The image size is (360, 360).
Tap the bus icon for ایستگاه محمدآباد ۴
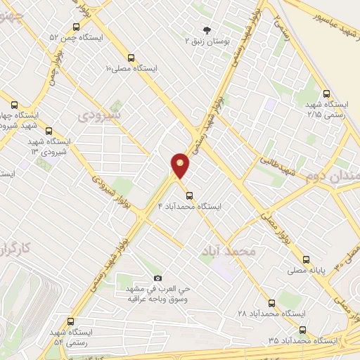[x=188, y=195]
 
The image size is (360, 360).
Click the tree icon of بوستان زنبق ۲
[x=207, y=30]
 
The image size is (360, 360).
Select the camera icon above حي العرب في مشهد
[x=157, y=278]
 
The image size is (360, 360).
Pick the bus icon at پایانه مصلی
[x=307, y=259]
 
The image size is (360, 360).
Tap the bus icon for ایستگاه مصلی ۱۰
[x=131, y=58]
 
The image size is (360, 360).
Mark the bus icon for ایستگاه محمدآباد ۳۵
[x=302, y=329]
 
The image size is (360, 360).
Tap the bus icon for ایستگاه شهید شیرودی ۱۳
[x=49, y=130]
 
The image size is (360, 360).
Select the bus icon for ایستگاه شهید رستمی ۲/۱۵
[x=326, y=93]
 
